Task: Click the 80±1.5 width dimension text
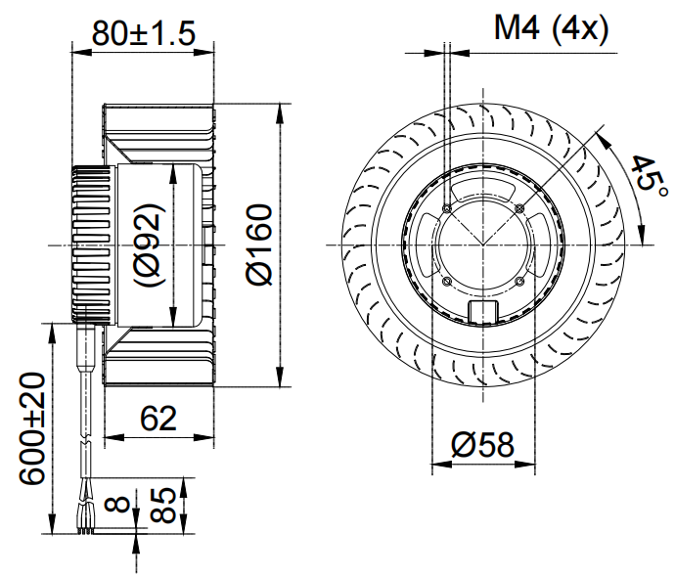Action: click(x=144, y=32)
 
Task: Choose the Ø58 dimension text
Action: click(x=482, y=445)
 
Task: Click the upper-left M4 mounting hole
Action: click(x=447, y=207)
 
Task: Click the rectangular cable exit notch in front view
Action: click(x=484, y=311)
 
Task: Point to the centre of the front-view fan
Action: click(x=484, y=245)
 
